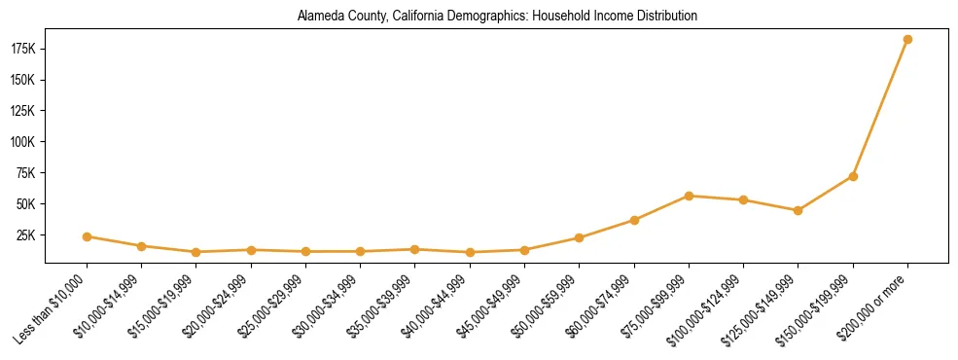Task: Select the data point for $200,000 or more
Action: (907, 40)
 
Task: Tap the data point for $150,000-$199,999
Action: (853, 176)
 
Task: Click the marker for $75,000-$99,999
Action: (689, 196)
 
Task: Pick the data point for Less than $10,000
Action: (88, 236)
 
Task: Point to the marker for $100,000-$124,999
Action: (743, 200)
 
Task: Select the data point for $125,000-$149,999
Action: (798, 210)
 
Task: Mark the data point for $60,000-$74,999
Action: (634, 220)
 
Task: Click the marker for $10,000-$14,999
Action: (142, 246)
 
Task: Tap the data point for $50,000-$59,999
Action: (580, 237)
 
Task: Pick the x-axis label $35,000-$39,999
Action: (380, 308)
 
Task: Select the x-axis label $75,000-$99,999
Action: (654, 308)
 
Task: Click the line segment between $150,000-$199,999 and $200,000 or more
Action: (880, 108)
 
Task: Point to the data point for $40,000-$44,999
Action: (470, 252)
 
